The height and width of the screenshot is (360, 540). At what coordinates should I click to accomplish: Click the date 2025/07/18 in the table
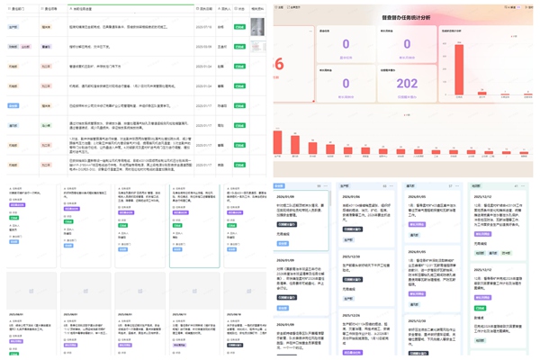(x=203, y=26)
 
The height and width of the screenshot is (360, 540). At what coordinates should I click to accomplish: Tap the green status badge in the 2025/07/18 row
(x=239, y=26)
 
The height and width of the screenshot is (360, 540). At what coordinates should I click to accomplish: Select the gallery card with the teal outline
(x=194, y=225)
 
